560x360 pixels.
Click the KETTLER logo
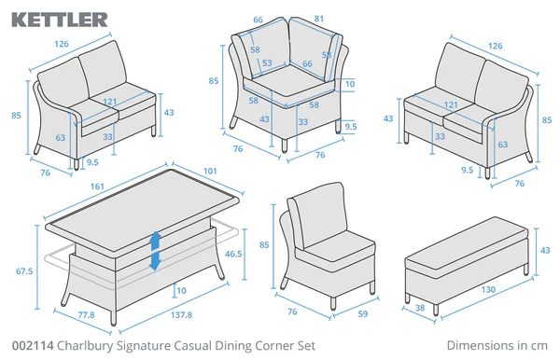[60, 18]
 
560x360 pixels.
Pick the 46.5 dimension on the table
[235, 253]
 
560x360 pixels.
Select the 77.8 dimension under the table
[87, 316]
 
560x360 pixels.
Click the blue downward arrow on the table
[156, 261]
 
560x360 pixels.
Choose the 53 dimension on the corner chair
[267, 63]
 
